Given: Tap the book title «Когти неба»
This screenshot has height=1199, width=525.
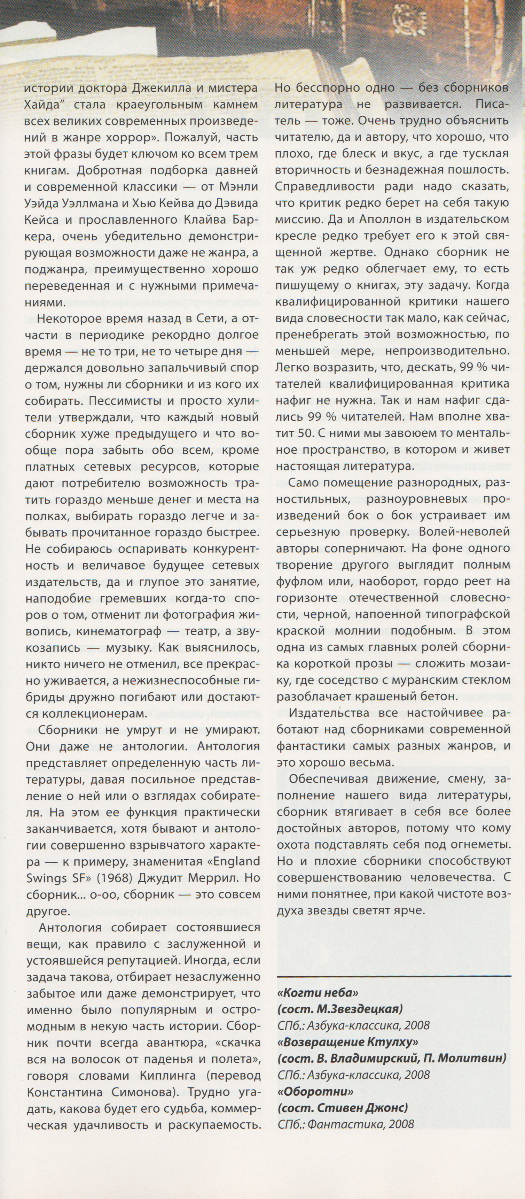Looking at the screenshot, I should (x=319, y=993).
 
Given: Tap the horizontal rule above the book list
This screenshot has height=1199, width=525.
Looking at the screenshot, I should (x=394, y=976).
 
